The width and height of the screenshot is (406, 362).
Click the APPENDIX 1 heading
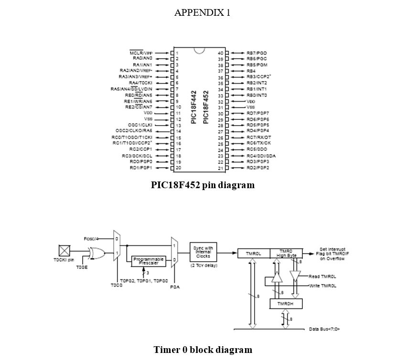click(x=202, y=13)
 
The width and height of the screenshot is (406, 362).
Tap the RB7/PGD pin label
click(x=257, y=53)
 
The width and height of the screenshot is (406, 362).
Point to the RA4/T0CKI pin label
click(x=140, y=83)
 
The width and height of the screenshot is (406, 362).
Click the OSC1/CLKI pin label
click(x=140, y=125)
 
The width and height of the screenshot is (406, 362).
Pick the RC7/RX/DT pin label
click(x=258, y=138)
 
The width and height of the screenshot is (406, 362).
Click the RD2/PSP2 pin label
click(x=258, y=168)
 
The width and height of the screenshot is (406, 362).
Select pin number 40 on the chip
click(x=220, y=53)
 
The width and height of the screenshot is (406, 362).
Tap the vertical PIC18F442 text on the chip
click(x=193, y=107)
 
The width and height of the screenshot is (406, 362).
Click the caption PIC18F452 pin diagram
click(x=203, y=185)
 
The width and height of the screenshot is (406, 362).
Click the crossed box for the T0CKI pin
click(x=64, y=251)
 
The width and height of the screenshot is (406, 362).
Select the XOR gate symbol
click(x=97, y=253)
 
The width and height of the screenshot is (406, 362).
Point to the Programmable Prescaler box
click(x=149, y=261)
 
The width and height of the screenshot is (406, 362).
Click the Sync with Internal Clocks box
click(x=203, y=252)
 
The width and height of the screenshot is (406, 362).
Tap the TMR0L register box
click(x=253, y=254)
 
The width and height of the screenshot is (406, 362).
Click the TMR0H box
click(x=283, y=304)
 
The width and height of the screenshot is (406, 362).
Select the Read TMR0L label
click(x=322, y=277)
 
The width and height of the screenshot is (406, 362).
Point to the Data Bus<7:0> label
click(x=324, y=329)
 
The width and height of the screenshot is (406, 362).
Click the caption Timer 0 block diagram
click(x=203, y=350)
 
